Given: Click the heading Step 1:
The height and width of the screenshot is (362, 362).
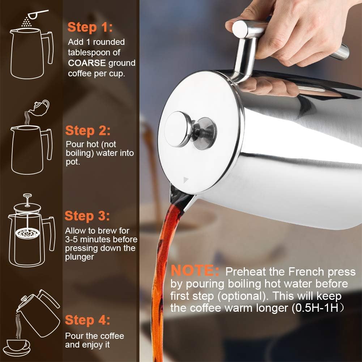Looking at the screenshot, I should click(x=90, y=27).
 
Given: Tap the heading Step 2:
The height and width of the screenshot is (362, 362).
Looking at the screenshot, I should click(x=88, y=131).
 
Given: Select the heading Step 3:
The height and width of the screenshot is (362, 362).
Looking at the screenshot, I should click(x=87, y=216).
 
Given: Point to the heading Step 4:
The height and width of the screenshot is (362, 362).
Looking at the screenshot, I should click(x=88, y=320).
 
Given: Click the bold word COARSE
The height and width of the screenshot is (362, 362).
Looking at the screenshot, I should click(x=87, y=63).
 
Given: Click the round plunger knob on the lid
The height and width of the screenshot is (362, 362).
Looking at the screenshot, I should click(x=179, y=129).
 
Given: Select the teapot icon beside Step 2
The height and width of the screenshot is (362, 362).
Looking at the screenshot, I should click(x=40, y=106).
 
